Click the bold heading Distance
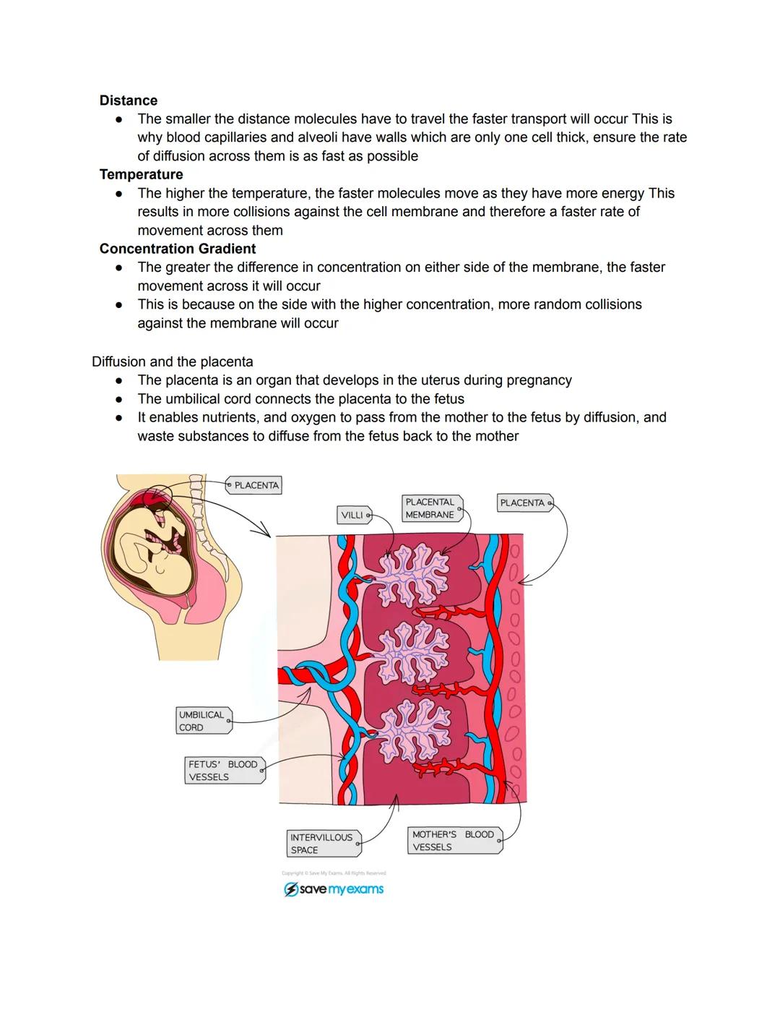(x=128, y=100)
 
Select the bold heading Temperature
(x=141, y=174)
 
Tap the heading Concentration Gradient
(x=178, y=249)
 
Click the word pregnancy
(x=537, y=380)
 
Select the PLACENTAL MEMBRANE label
(x=430, y=508)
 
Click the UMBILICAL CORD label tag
(x=203, y=721)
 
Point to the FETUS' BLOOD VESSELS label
(x=224, y=771)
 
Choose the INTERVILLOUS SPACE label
(x=322, y=844)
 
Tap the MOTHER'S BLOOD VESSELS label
(x=454, y=841)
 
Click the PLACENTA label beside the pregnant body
(x=255, y=485)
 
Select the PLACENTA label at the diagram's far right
(x=524, y=502)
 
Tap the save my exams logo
(x=334, y=889)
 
